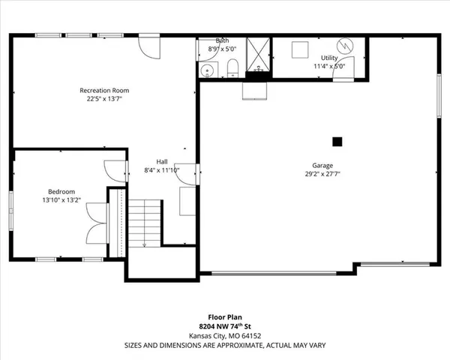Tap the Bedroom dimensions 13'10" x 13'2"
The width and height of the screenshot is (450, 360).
pos(61,200)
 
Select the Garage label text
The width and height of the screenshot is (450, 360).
pos(322,166)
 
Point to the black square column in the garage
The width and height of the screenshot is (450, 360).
pos(337,140)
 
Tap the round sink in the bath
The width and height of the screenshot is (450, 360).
pos(207,70)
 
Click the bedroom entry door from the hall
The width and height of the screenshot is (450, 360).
pos(113,170)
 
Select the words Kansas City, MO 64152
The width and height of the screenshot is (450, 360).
pos(224,337)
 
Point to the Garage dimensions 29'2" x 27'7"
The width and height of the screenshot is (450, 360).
pos(322,175)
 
